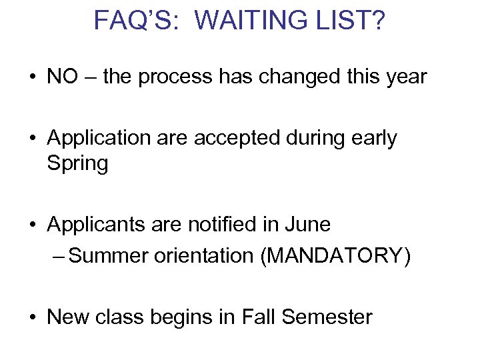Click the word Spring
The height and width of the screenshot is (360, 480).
click(77, 163)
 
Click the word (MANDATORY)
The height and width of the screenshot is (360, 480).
click(335, 256)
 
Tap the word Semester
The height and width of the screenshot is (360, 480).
click(327, 317)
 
